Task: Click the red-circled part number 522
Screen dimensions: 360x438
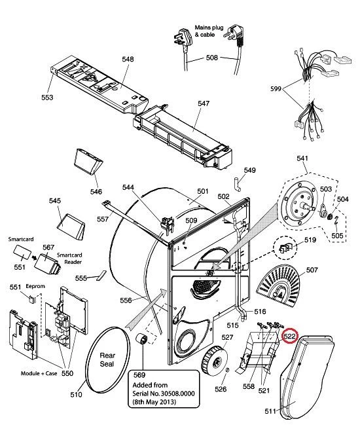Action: pyautogui.click(x=289, y=337)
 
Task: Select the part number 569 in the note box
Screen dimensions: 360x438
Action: pyautogui.click(x=139, y=375)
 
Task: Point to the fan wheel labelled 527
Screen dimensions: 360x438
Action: pyautogui.click(x=215, y=360)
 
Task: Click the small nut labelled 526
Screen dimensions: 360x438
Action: pyautogui.click(x=227, y=370)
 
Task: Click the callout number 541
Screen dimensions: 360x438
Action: pyautogui.click(x=302, y=158)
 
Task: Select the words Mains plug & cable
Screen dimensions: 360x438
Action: pyautogui.click(x=209, y=31)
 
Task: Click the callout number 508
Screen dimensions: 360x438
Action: pyautogui.click(x=211, y=58)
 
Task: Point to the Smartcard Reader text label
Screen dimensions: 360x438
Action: pyautogui.click(x=69, y=259)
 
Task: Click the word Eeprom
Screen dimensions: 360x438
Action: pyautogui.click(x=35, y=286)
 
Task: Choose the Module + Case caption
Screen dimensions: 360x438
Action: pyautogui.click(x=39, y=373)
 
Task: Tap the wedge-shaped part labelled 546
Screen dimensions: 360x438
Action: pyautogui.click(x=88, y=162)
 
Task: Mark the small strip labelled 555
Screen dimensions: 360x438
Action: pyautogui.click(x=101, y=275)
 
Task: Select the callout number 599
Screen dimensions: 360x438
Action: pyautogui.click(x=276, y=89)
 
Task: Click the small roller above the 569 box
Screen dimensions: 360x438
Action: pyautogui.click(x=142, y=338)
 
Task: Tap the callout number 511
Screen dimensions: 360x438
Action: pyautogui.click(x=270, y=411)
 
